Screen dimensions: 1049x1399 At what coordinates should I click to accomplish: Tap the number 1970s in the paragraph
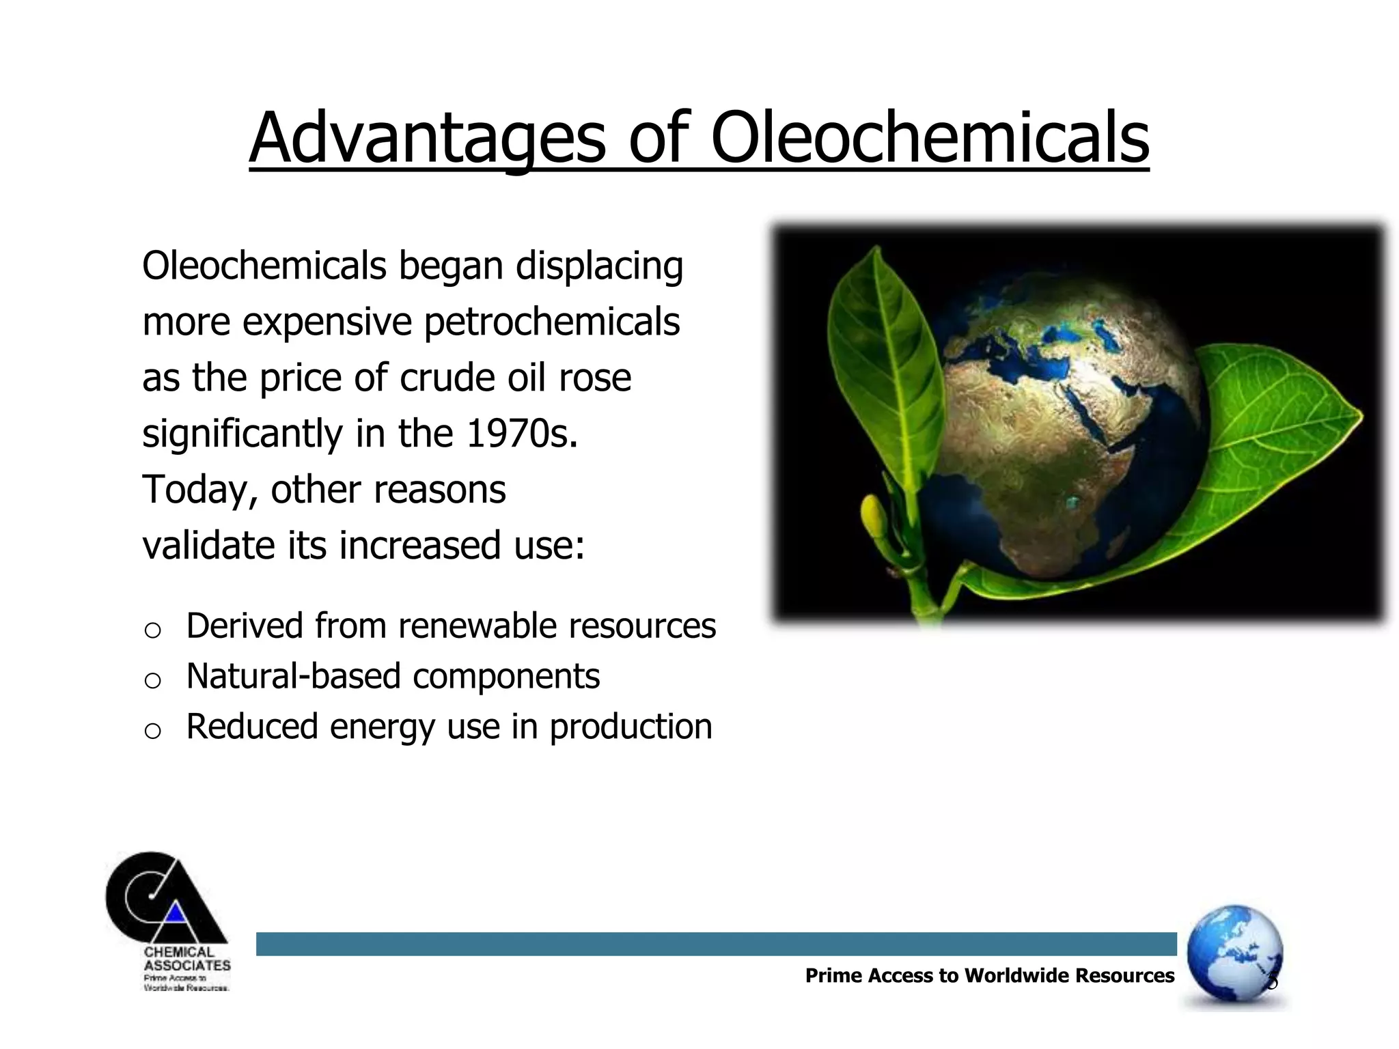(522, 434)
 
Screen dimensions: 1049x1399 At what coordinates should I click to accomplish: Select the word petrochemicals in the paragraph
(552, 322)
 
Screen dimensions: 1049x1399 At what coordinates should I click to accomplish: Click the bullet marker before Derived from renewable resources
(153, 630)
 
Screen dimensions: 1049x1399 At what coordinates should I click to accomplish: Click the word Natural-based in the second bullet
(293, 676)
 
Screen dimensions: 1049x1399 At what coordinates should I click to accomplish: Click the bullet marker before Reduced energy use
(153, 731)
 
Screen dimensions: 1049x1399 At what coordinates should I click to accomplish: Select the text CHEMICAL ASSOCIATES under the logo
(186, 959)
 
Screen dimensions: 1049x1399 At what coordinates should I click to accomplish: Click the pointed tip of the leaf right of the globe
(1359, 414)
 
